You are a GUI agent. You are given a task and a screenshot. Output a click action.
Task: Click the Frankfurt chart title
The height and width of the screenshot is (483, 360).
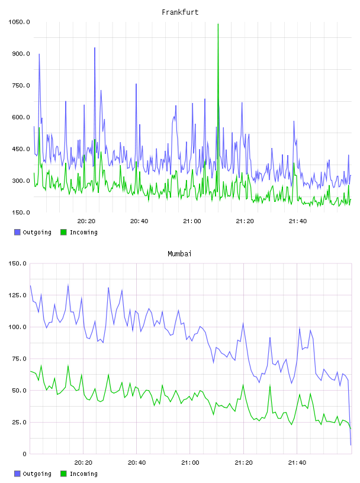coord(180,12)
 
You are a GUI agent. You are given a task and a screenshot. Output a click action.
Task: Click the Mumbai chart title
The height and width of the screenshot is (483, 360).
coord(179,254)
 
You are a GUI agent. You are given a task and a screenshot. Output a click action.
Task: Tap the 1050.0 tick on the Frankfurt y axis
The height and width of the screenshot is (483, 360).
coord(19,22)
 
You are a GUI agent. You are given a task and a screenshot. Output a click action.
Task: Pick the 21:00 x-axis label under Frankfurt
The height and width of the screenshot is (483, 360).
coord(192,221)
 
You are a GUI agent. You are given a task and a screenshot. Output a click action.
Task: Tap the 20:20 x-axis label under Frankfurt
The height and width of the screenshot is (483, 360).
coord(86,221)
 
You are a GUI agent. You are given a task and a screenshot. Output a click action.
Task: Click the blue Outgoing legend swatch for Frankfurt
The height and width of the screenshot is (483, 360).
coord(17,232)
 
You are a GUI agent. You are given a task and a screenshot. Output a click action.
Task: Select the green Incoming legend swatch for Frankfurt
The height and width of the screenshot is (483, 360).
coord(63,232)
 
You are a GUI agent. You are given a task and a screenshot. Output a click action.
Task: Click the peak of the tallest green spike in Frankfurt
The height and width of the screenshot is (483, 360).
coord(218,24)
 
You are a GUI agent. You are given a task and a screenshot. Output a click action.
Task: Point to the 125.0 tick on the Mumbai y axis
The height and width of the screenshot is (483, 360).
coord(17,295)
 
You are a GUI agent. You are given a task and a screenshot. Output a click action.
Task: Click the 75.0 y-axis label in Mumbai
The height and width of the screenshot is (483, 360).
coord(19,359)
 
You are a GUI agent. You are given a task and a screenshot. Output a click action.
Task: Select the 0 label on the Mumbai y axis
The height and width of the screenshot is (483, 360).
coord(24,454)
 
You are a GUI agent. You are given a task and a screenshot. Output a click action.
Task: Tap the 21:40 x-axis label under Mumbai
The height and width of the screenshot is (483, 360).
coord(297,462)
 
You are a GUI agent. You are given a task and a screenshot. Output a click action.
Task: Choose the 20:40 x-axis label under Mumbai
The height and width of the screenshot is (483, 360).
coord(137,462)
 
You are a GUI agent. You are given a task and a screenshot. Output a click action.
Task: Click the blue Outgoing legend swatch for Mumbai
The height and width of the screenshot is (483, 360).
coord(17,474)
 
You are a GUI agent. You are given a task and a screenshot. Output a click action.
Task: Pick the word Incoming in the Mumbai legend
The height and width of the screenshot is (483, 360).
coord(83,474)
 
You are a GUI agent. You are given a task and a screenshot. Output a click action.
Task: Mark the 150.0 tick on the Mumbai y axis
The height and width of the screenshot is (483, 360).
coord(17,263)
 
